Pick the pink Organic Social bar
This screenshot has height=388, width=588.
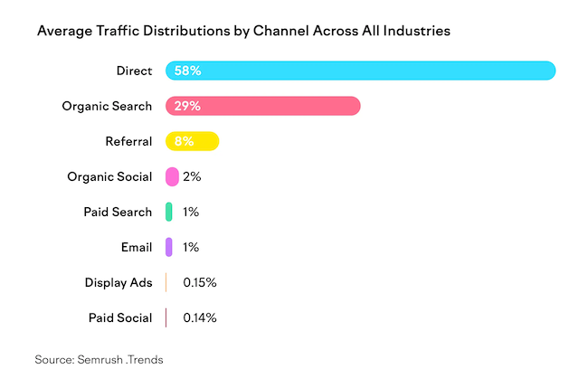click(172, 176)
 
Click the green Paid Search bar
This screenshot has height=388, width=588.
click(169, 212)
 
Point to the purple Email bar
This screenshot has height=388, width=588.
click(169, 247)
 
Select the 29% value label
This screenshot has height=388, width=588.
click(186, 106)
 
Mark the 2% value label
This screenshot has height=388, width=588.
click(192, 176)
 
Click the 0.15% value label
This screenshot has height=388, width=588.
click(199, 282)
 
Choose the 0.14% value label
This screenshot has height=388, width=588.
click(199, 317)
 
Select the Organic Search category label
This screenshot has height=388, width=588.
click(107, 106)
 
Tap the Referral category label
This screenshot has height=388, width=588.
click(128, 141)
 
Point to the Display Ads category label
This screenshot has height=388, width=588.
click(119, 282)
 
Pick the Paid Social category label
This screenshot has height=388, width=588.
click(120, 317)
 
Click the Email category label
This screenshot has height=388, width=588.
click(135, 247)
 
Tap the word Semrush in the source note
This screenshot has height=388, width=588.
click(108, 359)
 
